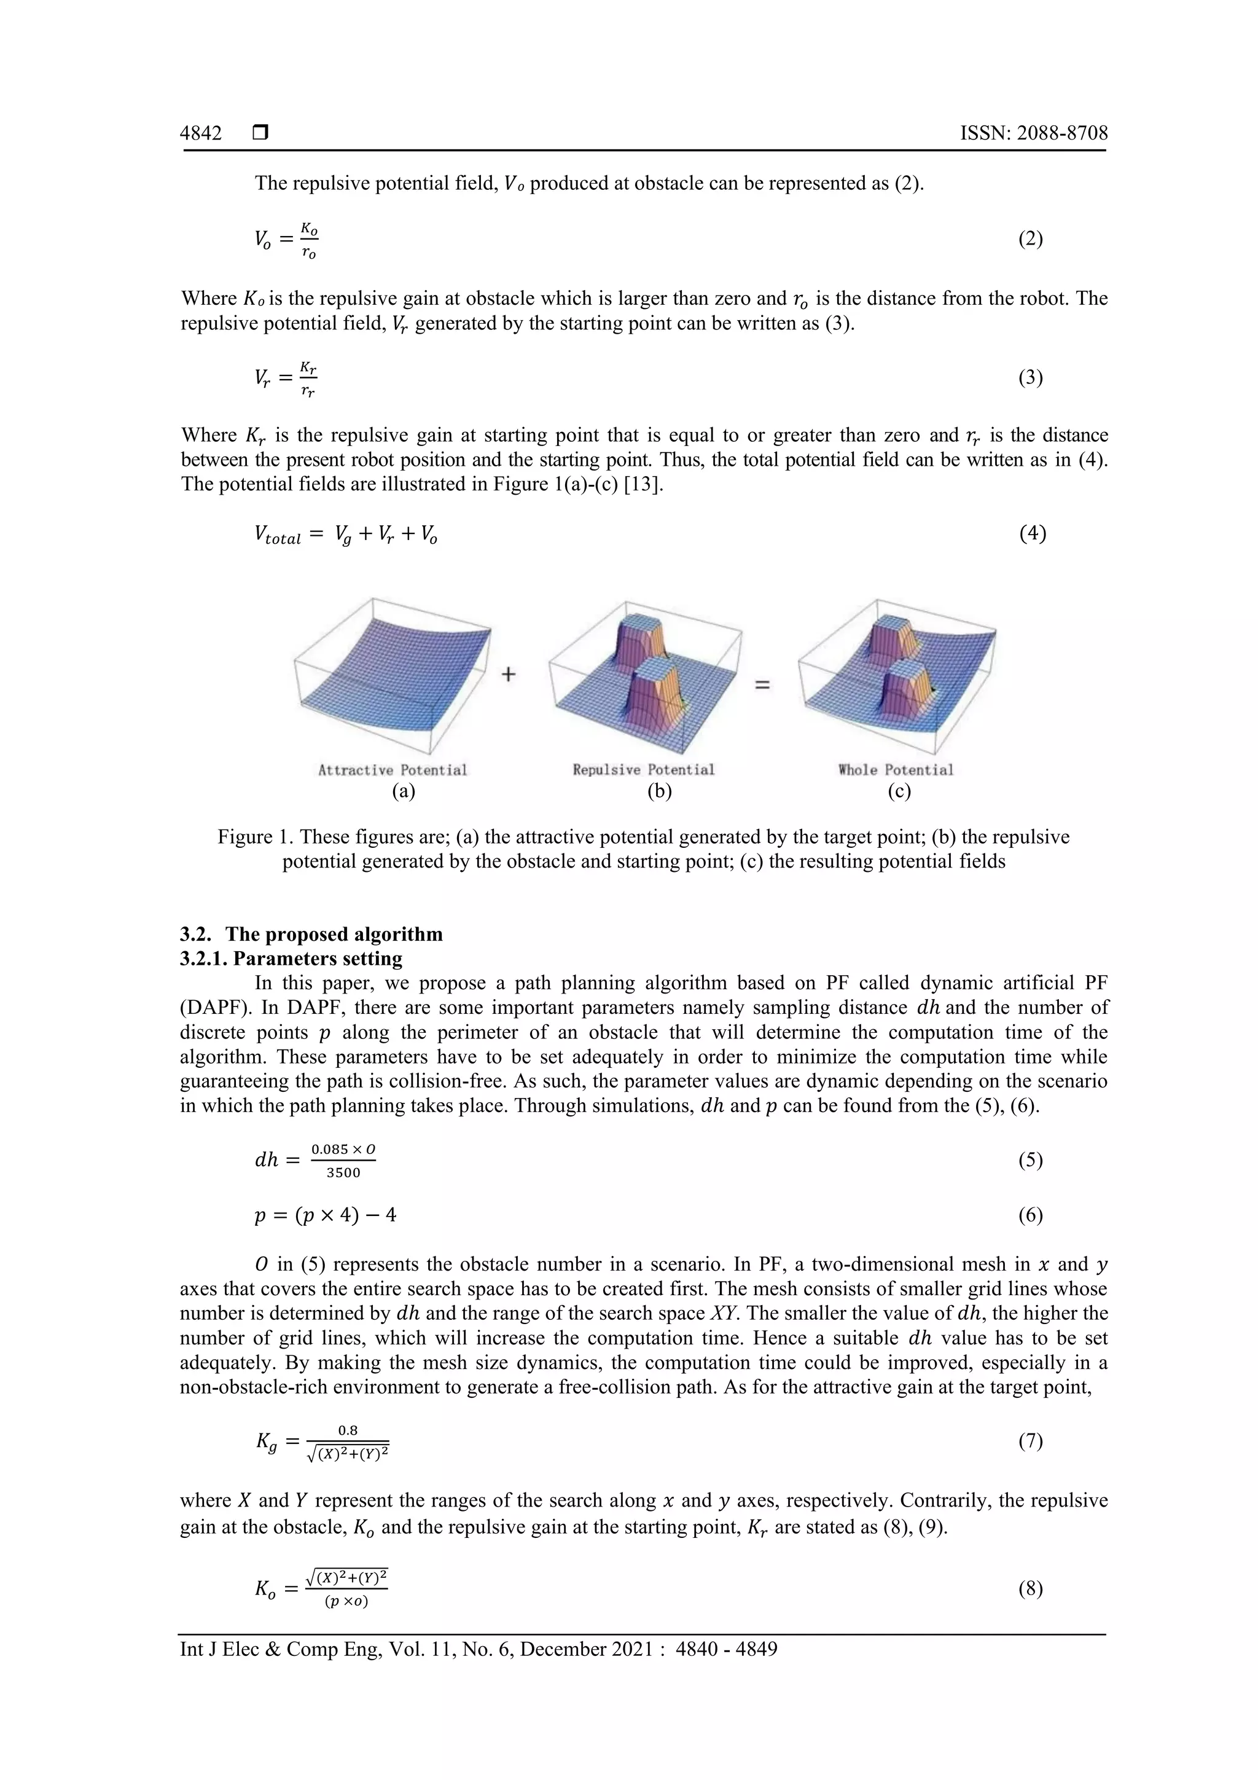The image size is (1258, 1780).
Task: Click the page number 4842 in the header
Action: point(201,133)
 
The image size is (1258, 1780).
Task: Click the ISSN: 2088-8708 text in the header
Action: point(1033,133)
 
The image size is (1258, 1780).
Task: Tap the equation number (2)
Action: point(1030,239)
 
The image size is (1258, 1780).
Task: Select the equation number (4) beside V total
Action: point(1033,533)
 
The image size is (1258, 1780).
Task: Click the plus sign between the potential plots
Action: point(508,675)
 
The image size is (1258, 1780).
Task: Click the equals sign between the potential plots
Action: point(763,684)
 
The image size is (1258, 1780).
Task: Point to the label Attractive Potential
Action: point(393,770)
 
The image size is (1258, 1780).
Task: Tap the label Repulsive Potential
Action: point(643,770)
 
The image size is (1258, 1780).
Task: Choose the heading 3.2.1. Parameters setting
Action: point(291,959)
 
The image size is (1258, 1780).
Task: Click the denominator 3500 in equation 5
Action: point(343,1173)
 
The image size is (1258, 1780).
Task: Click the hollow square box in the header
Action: point(260,133)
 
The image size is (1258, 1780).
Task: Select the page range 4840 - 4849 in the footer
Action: point(726,1649)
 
